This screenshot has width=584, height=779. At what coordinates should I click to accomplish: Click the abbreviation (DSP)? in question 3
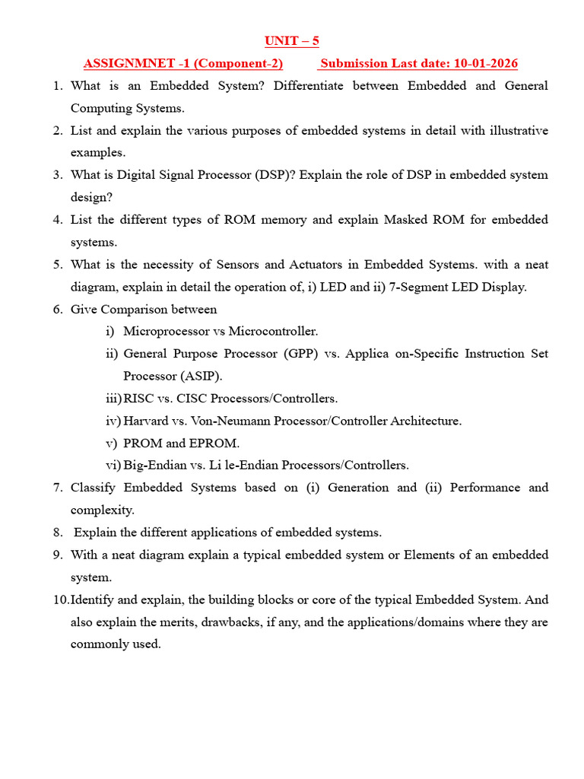coord(275,175)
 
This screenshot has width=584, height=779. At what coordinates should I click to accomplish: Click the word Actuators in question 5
coord(320,265)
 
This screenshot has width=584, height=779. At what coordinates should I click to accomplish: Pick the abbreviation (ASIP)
coord(202,376)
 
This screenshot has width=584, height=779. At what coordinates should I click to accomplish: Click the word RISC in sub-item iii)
coord(138,399)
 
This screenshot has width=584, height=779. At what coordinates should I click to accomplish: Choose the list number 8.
coord(58,533)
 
